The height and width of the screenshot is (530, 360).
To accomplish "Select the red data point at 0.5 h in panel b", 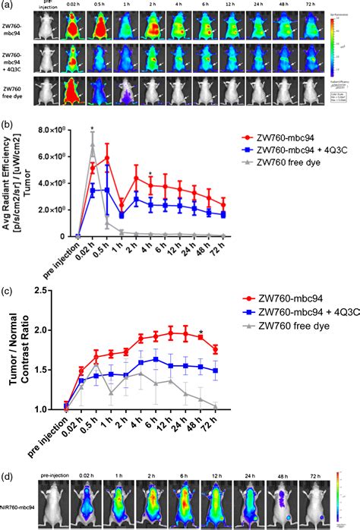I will click(107, 158).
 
